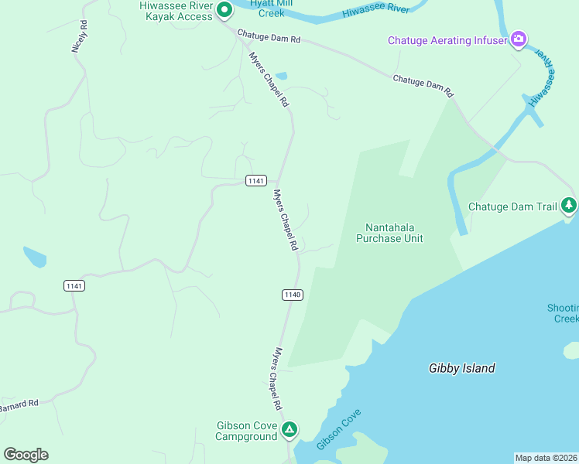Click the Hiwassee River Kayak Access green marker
pyautogui.click(x=224, y=11)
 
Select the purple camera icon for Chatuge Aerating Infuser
pyautogui.click(x=519, y=39)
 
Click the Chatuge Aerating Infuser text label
pyautogui.click(x=447, y=40)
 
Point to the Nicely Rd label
pyautogui.click(x=79, y=36)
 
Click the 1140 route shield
pyautogui.click(x=292, y=295)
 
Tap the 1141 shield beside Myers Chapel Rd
pyautogui.click(x=256, y=181)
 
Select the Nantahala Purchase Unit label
pyautogui.click(x=389, y=233)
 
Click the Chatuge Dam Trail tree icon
pyautogui.click(x=569, y=205)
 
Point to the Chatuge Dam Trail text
pyautogui.click(x=512, y=206)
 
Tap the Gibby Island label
pyautogui.click(x=461, y=368)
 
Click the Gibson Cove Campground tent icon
pyautogui.click(x=289, y=429)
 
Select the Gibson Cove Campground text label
pyautogui.click(x=246, y=431)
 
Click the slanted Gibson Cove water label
pyautogui.click(x=339, y=430)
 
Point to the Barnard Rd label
pyautogui.click(x=19, y=405)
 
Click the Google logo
pyautogui.click(x=26, y=455)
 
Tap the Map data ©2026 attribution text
pyautogui.click(x=546, y=458)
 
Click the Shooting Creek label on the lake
pyautogui.click(x=563, y=313)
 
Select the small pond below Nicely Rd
pyautogui.click(x=34, y=257)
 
